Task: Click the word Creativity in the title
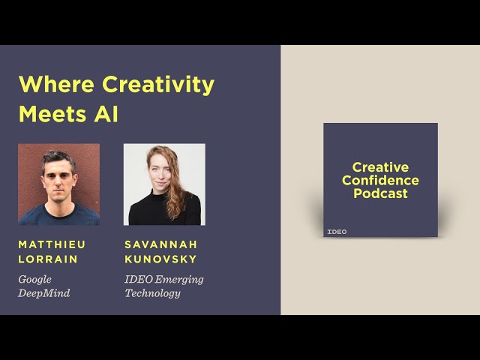(158, 85)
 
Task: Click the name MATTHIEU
(52, 244)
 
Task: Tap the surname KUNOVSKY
(160, 259)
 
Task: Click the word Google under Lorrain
(35, 280)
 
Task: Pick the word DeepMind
(44, 293)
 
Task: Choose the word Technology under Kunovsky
(152, 293)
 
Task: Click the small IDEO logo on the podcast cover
(337, 231)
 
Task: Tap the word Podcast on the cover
(380, 193)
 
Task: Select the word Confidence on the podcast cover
(380, 181)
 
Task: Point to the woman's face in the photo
(160, 172)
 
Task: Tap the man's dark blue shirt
(58, 216)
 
